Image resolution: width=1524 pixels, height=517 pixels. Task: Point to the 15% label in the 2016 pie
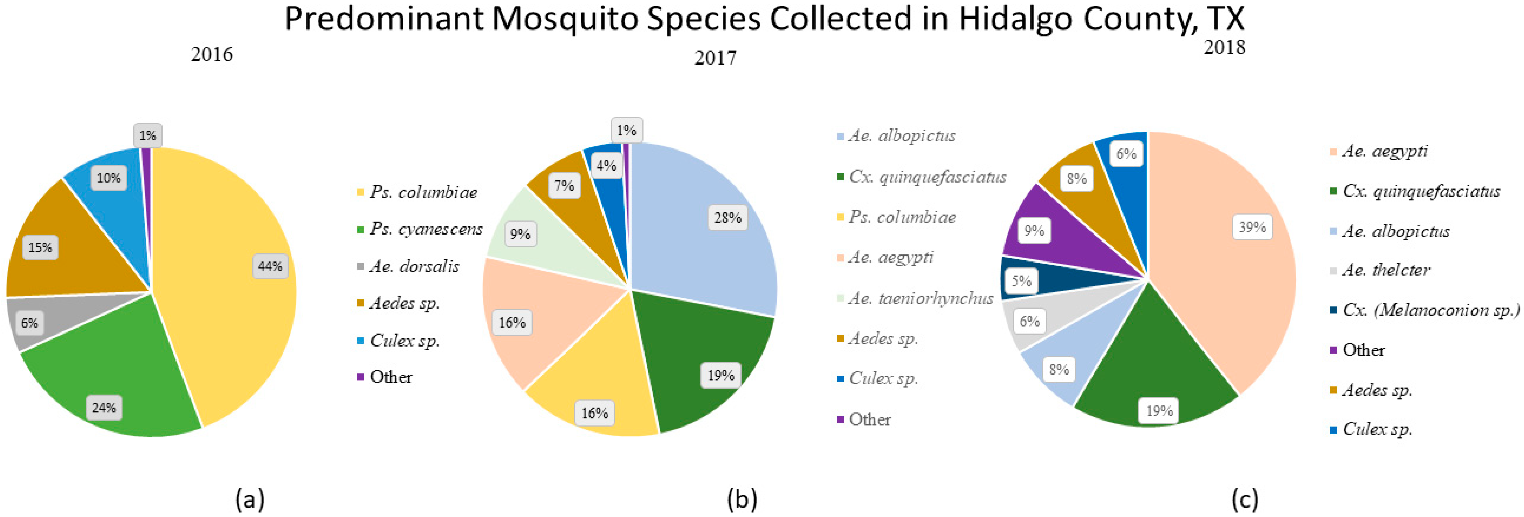coord(40,247)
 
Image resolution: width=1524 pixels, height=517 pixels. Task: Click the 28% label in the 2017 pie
coord(727,218)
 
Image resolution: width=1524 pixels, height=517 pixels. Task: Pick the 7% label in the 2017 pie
coord(564,186)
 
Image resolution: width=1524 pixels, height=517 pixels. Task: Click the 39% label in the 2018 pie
coord(1252,227)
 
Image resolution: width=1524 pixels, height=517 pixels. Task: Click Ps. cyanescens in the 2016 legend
coord(426,229)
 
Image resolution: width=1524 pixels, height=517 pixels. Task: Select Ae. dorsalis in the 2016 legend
coord(414,267)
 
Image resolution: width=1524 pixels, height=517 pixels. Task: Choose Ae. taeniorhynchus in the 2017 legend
coord(920,298)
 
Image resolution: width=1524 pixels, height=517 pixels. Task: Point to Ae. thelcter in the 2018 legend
coord(1386,270)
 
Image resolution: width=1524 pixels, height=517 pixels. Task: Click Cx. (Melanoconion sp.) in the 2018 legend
coord(1430,310)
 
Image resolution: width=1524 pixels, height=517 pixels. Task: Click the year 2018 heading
coord(1224,47)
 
